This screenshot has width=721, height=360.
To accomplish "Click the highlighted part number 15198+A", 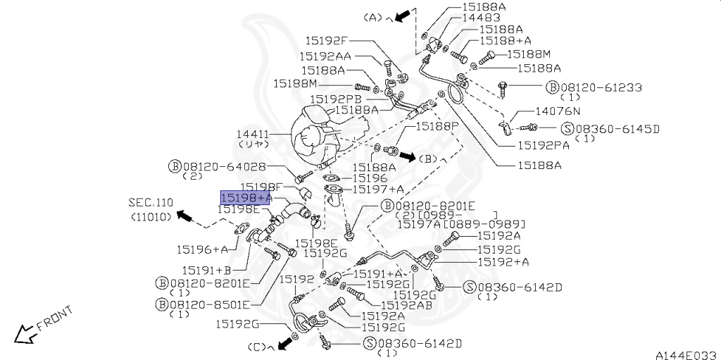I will pos(246,198).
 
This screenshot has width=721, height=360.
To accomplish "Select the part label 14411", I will pos(253,132).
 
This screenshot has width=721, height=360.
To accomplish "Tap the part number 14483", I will pos(481,17).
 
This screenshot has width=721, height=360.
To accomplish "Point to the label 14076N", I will pos(558,111).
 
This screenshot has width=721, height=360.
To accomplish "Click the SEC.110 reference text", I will pos(150,202).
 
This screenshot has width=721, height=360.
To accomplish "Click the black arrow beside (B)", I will pos(408,156).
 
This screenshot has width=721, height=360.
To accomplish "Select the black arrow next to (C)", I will pos(284,343).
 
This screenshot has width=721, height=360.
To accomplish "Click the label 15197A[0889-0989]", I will pos(461,224).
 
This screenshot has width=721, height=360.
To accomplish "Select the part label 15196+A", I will pos(202,249).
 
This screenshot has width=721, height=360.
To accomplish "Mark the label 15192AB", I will pos(406,306).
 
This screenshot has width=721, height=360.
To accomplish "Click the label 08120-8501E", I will pos(210,304).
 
